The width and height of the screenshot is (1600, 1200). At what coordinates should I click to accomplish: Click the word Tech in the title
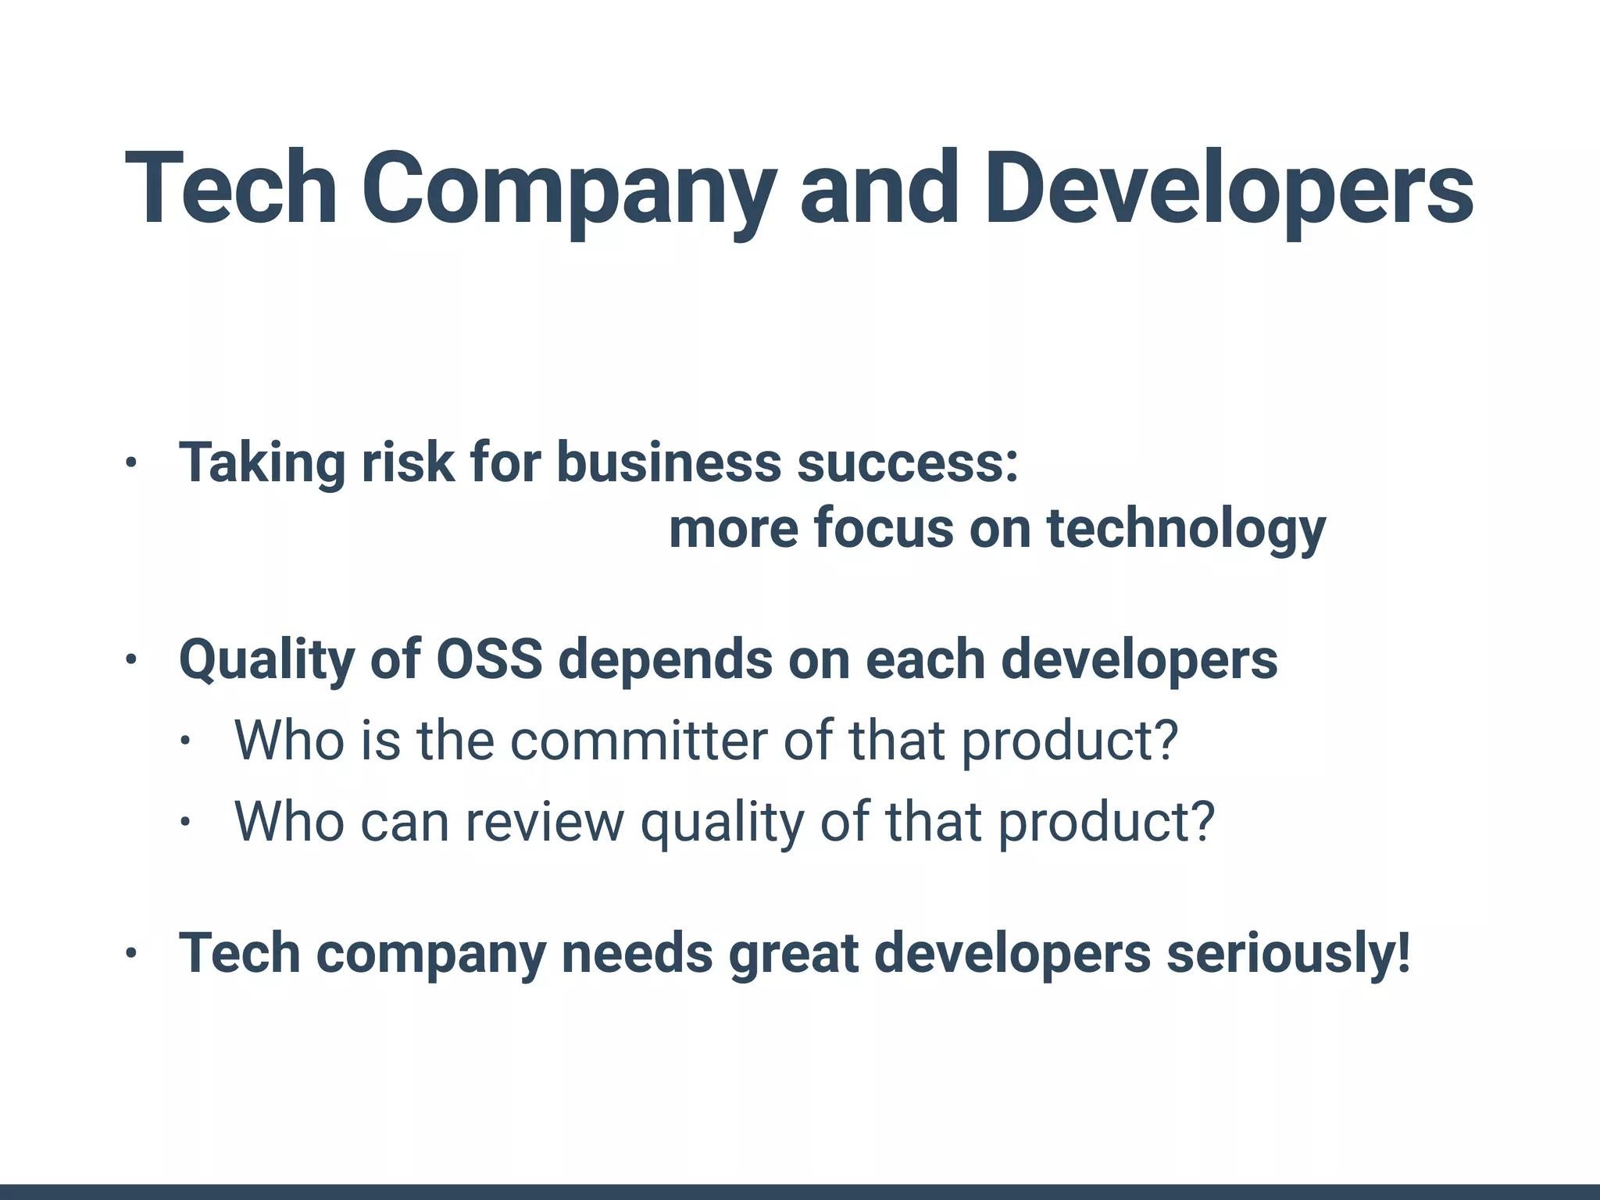[x=230, y=189]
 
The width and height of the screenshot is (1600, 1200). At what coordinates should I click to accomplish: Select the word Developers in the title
[x=1228, y=189]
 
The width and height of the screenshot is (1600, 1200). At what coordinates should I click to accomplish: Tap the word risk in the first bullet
[x=407, y=462]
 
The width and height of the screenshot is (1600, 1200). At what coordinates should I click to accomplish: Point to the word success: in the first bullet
[x=907, y=462]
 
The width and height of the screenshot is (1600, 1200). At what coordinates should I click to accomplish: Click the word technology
[x=1186, y=529]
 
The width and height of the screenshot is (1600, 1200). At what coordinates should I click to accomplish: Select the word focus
[x=883, y=529]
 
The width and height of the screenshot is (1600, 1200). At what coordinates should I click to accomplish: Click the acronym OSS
[x=489, y=659]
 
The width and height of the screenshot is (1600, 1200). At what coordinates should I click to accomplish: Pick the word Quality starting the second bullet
[x=266, y=659]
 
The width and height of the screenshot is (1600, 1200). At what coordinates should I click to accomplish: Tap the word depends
[x=665, y=659]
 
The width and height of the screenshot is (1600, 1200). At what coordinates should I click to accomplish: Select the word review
[x=545, y=822]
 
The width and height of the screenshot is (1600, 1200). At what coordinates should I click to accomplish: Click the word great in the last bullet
[x=793, y=953]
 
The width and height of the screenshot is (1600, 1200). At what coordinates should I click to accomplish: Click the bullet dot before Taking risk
[x=130, y=463]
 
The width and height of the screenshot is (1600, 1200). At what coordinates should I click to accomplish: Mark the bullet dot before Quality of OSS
[x=130, y=661]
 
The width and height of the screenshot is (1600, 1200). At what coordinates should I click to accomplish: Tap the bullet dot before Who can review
[x=184, y=822]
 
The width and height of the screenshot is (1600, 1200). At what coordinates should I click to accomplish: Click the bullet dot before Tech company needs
[x=130, y=954]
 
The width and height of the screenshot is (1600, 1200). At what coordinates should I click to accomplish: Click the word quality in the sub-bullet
[x=722, y=822]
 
